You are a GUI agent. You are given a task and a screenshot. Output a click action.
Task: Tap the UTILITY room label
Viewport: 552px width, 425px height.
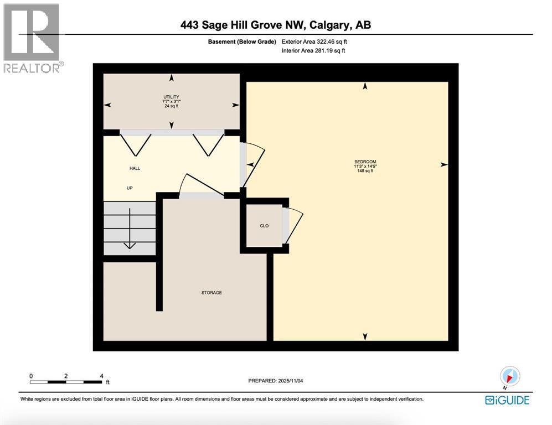click(171, 97)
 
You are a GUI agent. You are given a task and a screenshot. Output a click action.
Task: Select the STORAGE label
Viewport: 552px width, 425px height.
click(211, 292)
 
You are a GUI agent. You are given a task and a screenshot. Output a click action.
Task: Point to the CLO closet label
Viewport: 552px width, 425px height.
click(264, 226)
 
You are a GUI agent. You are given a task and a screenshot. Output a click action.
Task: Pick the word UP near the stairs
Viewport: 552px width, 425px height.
click(130, 188)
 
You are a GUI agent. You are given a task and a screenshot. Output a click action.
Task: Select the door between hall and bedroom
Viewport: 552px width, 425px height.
click(252, 163)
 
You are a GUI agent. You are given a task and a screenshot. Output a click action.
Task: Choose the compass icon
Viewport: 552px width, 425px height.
click(509, 376)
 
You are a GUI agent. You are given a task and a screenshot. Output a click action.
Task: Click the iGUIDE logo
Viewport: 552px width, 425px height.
click(507, 400)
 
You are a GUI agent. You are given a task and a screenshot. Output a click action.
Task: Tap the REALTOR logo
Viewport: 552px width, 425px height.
click(32, 39)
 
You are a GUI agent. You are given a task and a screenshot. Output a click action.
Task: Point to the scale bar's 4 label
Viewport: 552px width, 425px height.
click(101, 376)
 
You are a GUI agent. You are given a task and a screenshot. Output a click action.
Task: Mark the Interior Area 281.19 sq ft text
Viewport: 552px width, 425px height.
click(313, 51)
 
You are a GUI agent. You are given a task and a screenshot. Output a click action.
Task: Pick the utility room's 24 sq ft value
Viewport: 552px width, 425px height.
click(171, 106)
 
